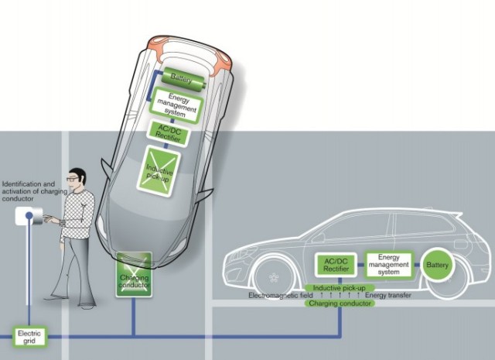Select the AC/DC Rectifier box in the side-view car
coord(334,265)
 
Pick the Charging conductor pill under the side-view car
coord(340,303)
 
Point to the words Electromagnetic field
coord(278,296)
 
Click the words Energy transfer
coord(389,296)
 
